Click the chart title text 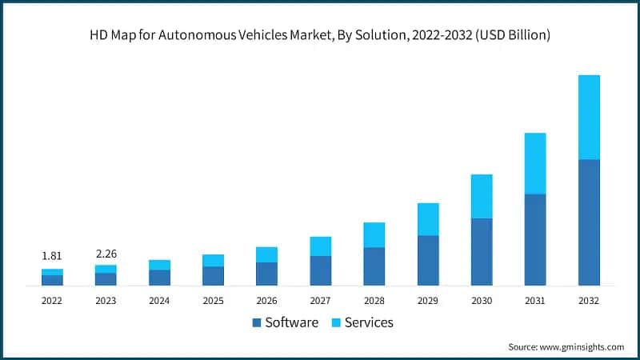[320, 35]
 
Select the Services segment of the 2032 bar [589, 117]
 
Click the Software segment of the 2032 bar [589, 222]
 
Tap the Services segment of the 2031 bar [535, 163]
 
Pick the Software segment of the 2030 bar [482, 251]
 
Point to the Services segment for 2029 [428, 219]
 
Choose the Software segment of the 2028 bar [374, 266]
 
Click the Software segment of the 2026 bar [266, 274]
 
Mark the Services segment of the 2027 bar [321, 246]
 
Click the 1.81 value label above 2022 [52, 256]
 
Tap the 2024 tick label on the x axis [159, 301]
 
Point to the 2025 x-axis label [213, 301]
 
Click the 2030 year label [482, 301]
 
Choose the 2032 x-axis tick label [589, 301]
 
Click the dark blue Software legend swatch [256, 323]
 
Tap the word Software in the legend [291, 323]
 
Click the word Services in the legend [369, 323]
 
